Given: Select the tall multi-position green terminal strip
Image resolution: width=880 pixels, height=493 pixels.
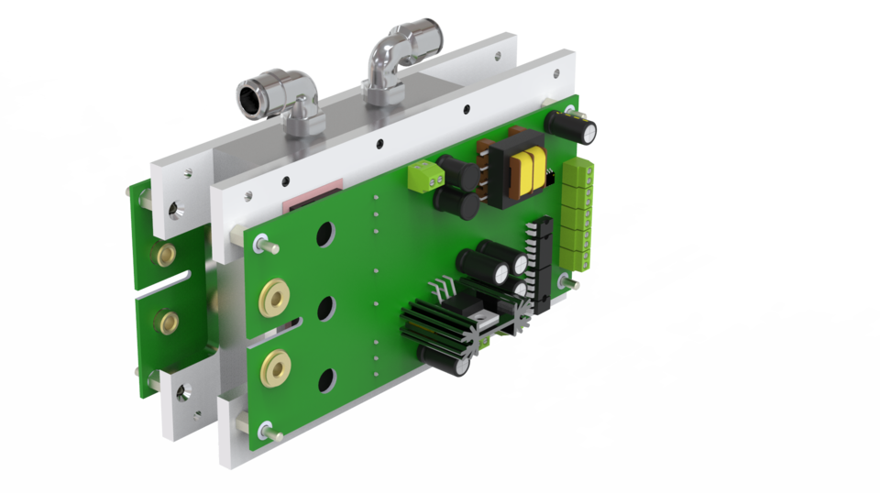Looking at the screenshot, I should click(577, 213).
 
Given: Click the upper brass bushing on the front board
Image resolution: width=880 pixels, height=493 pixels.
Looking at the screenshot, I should click(273, 297).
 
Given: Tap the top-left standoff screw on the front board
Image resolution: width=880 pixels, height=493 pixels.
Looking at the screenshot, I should click(261, 243).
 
